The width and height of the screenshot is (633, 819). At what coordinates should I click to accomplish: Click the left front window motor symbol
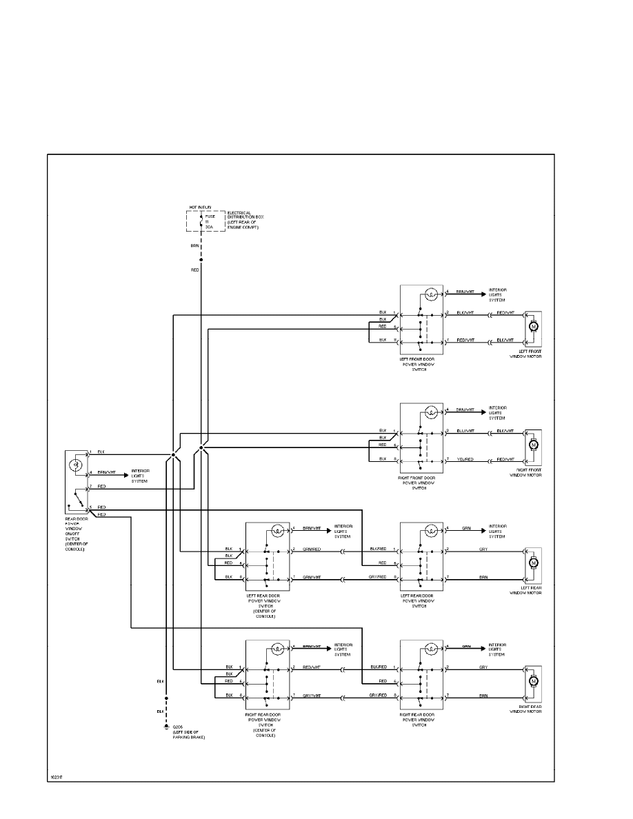532,327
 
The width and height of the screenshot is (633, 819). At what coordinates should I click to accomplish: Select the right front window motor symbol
532,445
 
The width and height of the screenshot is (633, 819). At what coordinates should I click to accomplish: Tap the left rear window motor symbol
532,563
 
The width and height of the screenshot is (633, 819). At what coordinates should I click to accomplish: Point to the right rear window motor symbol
532,681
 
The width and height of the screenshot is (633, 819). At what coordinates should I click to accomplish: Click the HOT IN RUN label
199,208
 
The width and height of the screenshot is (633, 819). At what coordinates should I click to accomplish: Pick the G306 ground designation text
177,727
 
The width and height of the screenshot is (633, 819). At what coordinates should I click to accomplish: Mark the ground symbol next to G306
166,727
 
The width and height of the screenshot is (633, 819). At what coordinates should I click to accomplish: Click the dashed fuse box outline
205,221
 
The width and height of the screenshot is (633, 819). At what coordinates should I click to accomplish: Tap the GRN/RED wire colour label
312,549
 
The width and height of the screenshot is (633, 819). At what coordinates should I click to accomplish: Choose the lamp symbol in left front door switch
431,294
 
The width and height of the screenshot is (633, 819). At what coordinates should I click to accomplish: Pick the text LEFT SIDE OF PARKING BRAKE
189,735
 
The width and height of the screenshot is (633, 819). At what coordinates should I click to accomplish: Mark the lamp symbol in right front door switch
431,412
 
